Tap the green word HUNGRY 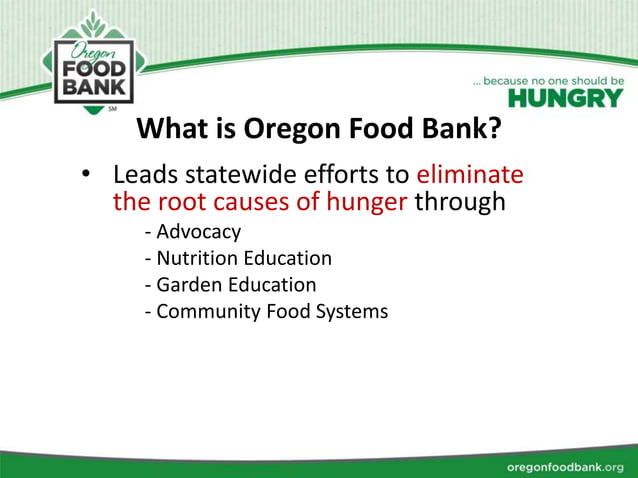click(x=565, y=98)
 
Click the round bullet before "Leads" click(x=87, y=176)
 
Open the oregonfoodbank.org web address click(x=565, y=467)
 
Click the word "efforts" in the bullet click(x=335, y=175)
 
